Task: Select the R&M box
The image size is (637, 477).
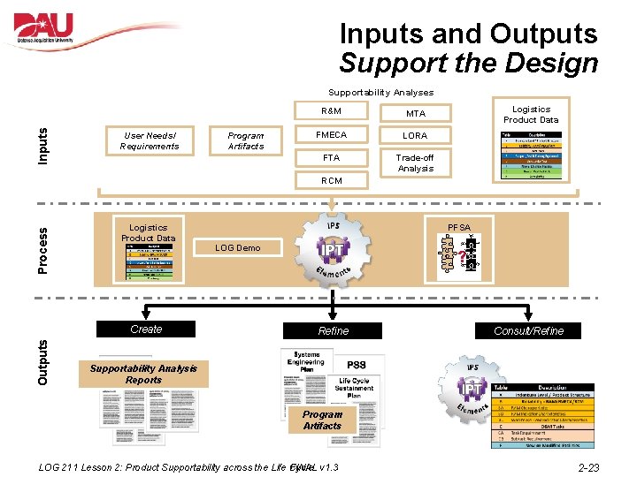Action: click(332, 111)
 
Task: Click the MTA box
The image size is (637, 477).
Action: click(415, 113)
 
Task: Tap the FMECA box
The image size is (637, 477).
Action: click(332, 135)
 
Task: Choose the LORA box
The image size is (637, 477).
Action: click(415, 136)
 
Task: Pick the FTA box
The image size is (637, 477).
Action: click(332, 158)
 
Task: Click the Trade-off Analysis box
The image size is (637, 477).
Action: click(415, 163)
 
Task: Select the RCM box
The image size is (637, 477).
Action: click(332, 180)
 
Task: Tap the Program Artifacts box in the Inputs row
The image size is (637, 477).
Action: click(245, 140)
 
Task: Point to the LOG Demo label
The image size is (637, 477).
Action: click(238, 248)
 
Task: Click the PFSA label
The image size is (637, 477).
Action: click(459, 228)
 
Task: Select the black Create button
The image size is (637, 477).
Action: click(146, 329)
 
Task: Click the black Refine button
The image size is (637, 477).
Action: click(334, 331)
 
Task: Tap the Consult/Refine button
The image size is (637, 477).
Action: click(529, 331)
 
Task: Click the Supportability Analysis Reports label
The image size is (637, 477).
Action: click(143, 374)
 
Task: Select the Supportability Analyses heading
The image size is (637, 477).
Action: click(380, 92)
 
